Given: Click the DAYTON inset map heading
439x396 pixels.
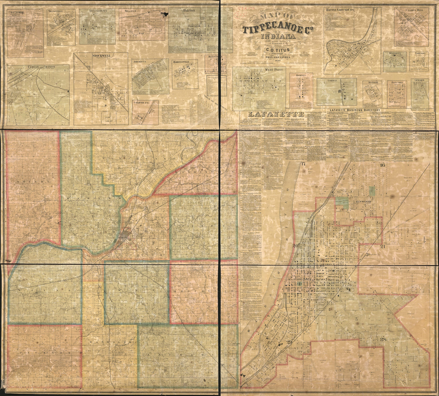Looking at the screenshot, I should point(189,10).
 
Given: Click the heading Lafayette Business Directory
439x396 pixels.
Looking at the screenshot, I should point(355,110).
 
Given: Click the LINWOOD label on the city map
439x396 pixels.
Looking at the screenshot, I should point(364,202).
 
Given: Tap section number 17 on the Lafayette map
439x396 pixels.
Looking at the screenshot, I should point(303,164).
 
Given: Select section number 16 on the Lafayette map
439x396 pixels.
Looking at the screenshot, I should point(382,165).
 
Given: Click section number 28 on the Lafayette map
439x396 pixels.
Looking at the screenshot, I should point(384,339).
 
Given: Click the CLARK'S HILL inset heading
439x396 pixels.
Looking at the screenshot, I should point(411,10).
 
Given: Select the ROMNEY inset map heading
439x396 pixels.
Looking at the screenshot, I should point(301,75).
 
